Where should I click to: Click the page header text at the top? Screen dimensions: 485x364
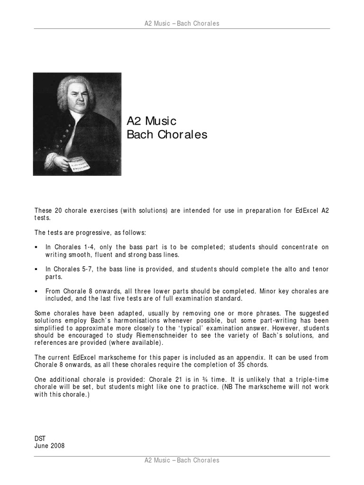click(182, 24)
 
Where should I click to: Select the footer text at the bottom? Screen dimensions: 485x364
click(182, 460)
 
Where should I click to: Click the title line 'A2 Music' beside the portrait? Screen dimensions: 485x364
click(152, 121)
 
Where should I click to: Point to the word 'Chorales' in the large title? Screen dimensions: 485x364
click(182, 135)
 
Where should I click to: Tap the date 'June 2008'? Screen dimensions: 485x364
click(50, 446)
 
